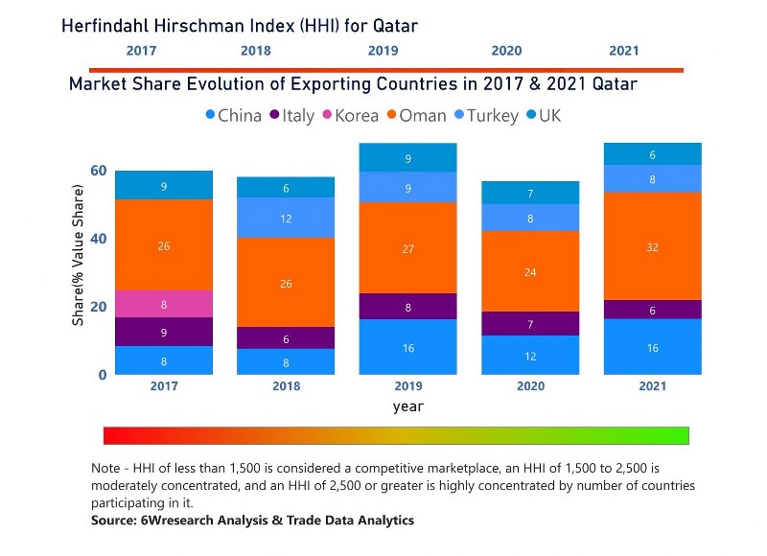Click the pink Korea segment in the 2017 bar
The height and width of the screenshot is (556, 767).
[x=164, y=304]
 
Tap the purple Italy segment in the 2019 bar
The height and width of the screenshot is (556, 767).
[x=408, y=307]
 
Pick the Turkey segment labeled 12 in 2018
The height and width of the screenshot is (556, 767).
[x=286, y=218]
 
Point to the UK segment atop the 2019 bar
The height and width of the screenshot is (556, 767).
[x=408, y=158]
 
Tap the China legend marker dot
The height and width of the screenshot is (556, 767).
[x=210, y=116]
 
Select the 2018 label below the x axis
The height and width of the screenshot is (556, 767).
[x=286, y=385]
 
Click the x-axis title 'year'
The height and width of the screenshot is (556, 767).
[x=407, y=406]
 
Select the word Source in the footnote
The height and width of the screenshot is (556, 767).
[x=114, y=520]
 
